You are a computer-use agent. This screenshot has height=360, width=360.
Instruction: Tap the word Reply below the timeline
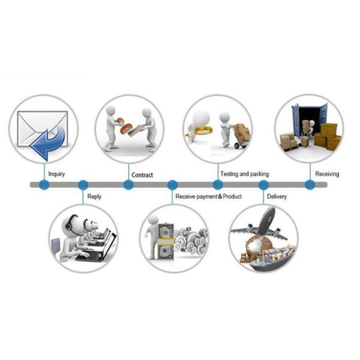[x=94, y=196]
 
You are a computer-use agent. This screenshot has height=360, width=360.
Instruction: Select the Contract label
[x=142, y=175]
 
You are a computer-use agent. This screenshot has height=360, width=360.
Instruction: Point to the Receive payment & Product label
[x=208, y=196]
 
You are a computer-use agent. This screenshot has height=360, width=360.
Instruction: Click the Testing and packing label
[x=244, y=174]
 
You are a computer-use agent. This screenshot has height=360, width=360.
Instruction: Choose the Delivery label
[x=277, y=196]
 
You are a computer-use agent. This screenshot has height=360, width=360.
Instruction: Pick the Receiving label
[x=327, y=174]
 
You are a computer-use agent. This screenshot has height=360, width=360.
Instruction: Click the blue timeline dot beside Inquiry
[x=44, y=185]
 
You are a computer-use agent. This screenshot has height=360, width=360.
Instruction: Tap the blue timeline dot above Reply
[x=83, y=185]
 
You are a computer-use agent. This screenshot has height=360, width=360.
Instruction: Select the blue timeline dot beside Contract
[x=128, y=185]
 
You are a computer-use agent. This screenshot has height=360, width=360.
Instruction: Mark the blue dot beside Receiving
[x=310, y=185]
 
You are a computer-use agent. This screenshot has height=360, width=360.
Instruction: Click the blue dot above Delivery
[x=263, y=185]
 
